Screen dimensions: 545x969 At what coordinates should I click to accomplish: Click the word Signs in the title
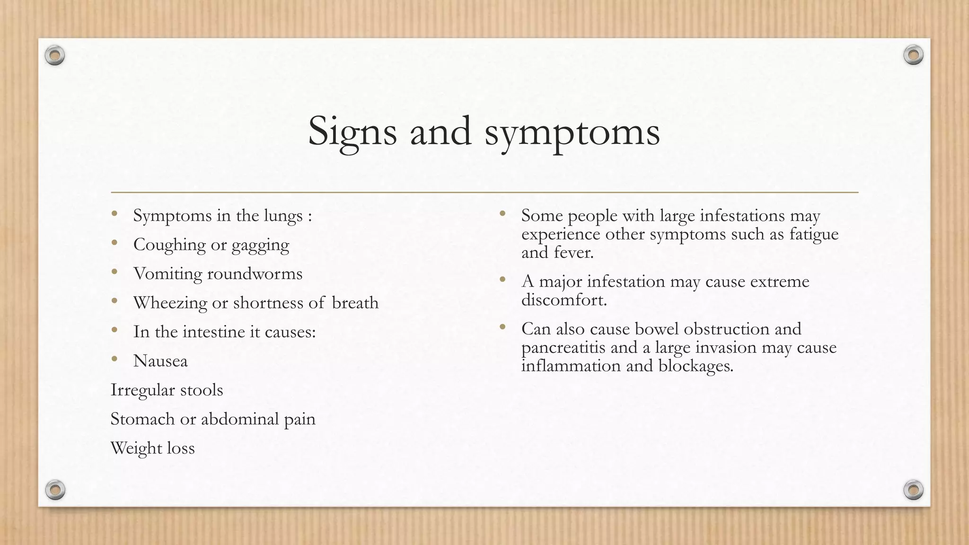point(352,132)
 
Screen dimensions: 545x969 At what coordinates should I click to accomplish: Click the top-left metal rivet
point(55,56)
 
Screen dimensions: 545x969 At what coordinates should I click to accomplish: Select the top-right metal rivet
point(913,55)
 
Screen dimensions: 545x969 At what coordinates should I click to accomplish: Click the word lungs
point(283,216)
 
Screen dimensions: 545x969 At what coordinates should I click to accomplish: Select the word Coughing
point(169,245)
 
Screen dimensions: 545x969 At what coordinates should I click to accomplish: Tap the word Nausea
point(160,361)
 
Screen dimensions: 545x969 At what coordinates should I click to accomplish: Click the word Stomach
point(142,419)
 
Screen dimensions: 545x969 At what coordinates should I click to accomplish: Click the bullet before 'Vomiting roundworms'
point(114,272)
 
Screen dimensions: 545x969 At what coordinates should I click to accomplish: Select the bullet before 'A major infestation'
point(502,280)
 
